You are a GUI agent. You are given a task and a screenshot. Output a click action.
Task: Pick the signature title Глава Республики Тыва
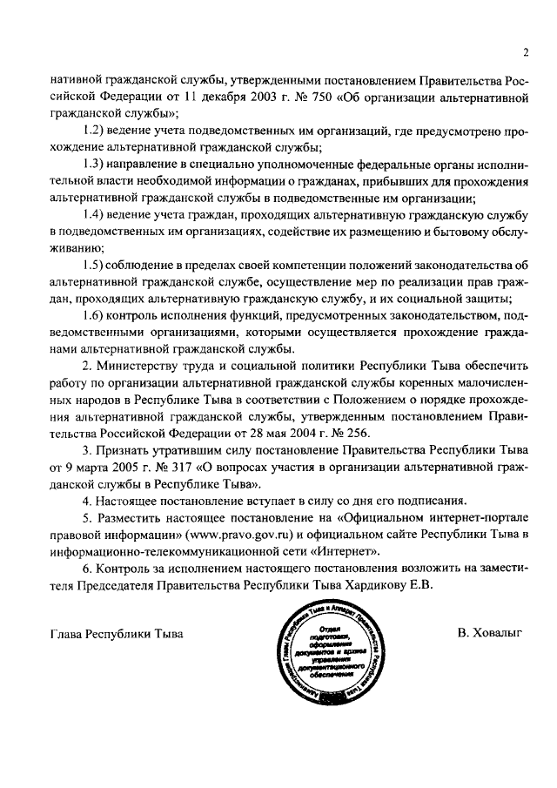(118, 633)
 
